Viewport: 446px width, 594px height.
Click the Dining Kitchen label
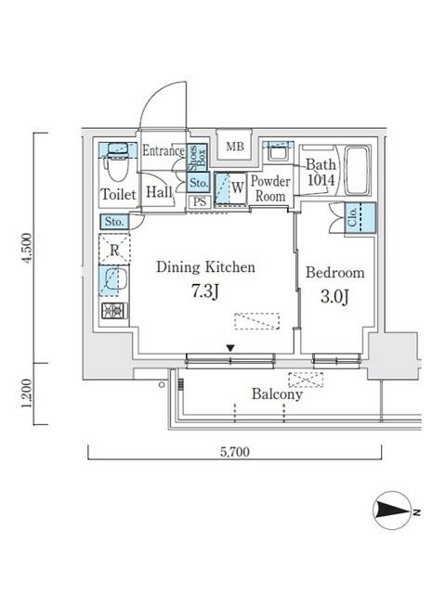point(205,266)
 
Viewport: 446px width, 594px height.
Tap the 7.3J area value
point(205,291)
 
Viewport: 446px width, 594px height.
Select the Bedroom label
point(334,273)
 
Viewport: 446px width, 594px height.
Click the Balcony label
point(277,394)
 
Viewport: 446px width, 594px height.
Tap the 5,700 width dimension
point(234,452)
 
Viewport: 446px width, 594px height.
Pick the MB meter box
point(235,147)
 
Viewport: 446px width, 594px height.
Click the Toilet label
point(117,194)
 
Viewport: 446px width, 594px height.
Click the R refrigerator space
point(114,250)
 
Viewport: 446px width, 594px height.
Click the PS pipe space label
point(199,201)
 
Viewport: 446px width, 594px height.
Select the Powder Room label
point(271,188)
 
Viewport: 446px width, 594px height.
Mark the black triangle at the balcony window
point(230,349)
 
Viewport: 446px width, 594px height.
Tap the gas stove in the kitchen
point(113,311)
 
